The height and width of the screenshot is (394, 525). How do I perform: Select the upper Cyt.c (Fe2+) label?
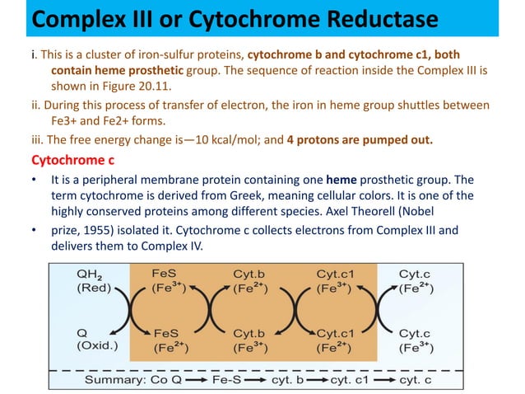[x=420, y=282]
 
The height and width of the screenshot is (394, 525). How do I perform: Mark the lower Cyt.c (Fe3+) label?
[x=420, y=339]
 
